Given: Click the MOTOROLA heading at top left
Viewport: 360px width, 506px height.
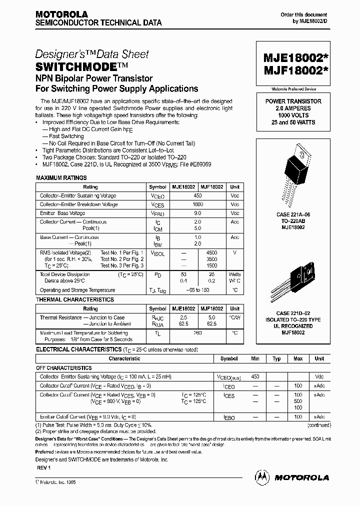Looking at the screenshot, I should point(61,14).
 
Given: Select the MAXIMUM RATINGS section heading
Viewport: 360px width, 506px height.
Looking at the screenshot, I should point(61,178).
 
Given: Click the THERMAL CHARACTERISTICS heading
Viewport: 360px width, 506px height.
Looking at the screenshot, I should point(74,299).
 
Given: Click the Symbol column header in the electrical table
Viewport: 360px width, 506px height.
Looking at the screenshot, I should point(229,358).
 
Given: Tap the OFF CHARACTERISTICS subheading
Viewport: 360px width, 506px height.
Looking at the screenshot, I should point(63,367).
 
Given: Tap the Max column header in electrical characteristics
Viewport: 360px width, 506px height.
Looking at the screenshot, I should point(298,358).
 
